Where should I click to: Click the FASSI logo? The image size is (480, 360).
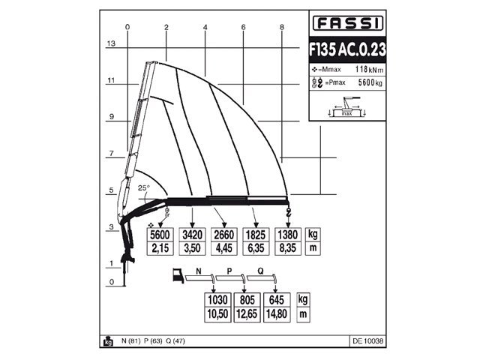[x=348, y=23]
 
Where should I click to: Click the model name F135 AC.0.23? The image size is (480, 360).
[x=347, y=49]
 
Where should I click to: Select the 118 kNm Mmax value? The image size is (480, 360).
[x=369, y=70]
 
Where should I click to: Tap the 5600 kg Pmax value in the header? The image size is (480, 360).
[x=370, y=82]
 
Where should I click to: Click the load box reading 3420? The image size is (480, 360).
[x=192, y=235]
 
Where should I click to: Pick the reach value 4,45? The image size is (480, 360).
[x=224, y=248]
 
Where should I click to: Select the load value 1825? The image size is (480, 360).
[x=256, y=235]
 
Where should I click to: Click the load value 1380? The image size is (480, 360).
[x=288, y=235]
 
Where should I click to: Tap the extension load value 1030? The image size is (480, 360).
[x=217, y=300]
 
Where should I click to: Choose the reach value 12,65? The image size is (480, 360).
[x=247, y=314]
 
